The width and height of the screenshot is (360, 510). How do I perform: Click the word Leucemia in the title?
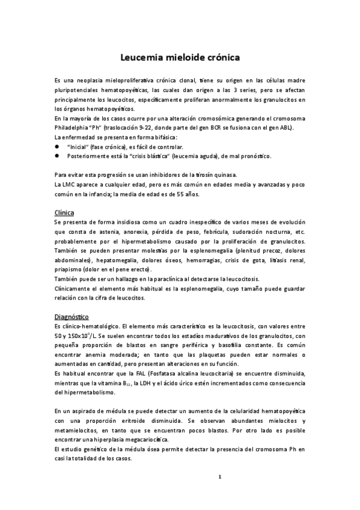[138, 58]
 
